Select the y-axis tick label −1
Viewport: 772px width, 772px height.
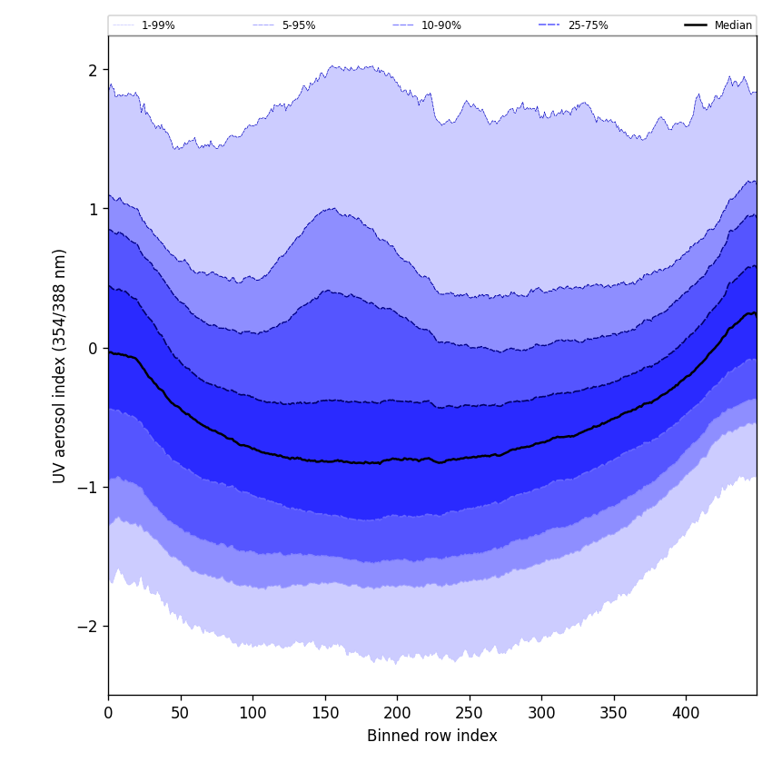tap(89, 487)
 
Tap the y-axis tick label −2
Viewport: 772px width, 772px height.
tap(89, 626)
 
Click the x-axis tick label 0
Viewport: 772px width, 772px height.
tap(108, 713)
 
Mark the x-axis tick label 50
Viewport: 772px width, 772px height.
tap(180, 713)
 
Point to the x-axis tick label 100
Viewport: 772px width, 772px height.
tap(252, 713)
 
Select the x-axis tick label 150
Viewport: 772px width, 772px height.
tap(324, 713)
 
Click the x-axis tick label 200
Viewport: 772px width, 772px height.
tap(397, 713)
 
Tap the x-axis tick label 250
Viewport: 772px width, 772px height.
tap(469, 713)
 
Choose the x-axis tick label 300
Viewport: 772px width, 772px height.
tap(541, 713)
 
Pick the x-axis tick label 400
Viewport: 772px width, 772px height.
tap(686, 713)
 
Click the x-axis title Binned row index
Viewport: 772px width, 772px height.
tap(432, 736)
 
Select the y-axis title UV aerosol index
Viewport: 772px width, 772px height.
tap(60, 365)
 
